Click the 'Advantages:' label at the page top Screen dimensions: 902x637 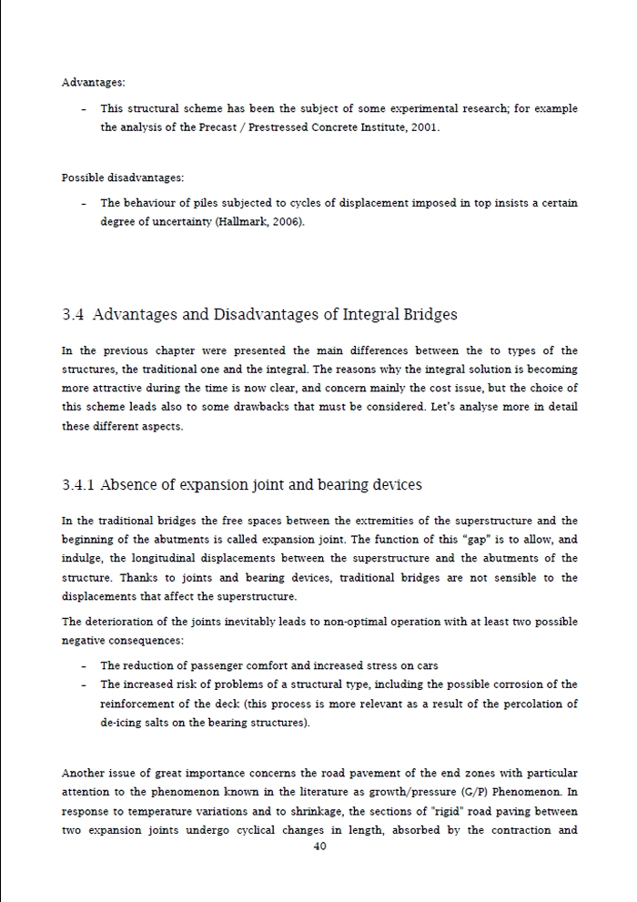pos(94,82)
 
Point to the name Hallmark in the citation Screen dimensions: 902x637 pos(241,221)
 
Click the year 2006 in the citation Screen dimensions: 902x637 pos(284,221)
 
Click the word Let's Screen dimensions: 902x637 pos(448,406)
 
